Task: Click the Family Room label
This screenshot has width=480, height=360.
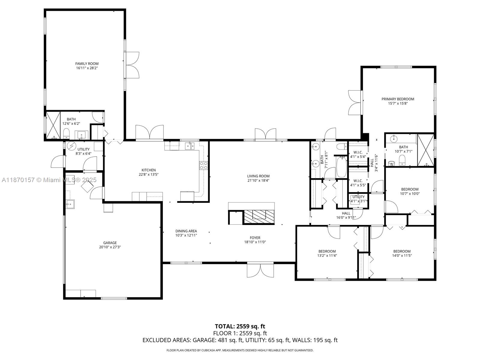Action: [x=87, y=64]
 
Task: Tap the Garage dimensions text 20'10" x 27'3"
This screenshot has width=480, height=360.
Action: [x=110, y=247]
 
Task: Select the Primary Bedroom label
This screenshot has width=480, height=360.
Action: [x=397, y=99]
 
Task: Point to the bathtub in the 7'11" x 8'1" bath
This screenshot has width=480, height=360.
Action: [x=341, y=167]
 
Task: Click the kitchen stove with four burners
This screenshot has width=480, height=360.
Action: [x=204, y=165]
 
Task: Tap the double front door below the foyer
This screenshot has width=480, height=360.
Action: [x=260, y=270]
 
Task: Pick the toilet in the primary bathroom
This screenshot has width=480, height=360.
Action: [x=402, y=160]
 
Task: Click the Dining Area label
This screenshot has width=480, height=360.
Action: [x=186, y=231]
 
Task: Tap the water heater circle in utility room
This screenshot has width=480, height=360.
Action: [x=71, y=146]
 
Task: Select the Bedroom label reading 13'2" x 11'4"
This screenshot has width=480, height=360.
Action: [x=327, y=251]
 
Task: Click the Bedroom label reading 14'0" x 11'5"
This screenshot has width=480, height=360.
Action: [x=402, y=251]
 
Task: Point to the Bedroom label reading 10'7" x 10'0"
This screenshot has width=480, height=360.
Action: [x=410, y=189]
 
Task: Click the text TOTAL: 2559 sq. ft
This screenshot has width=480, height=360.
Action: [x=240, y=326]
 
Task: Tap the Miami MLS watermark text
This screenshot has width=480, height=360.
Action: [x=49, y=180]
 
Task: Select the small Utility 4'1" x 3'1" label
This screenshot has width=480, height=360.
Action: [x=358, y=197]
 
